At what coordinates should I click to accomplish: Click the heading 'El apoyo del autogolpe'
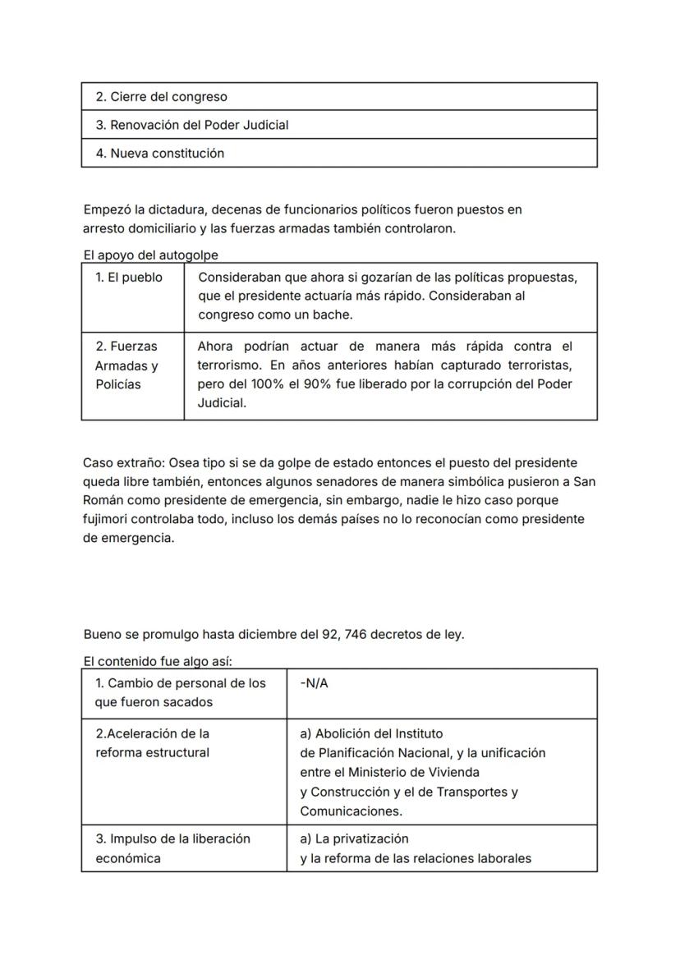(x=151, y=255)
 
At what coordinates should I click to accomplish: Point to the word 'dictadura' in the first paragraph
(x=177, y=210)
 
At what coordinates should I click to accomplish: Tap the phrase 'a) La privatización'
(x=355, y=839)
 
